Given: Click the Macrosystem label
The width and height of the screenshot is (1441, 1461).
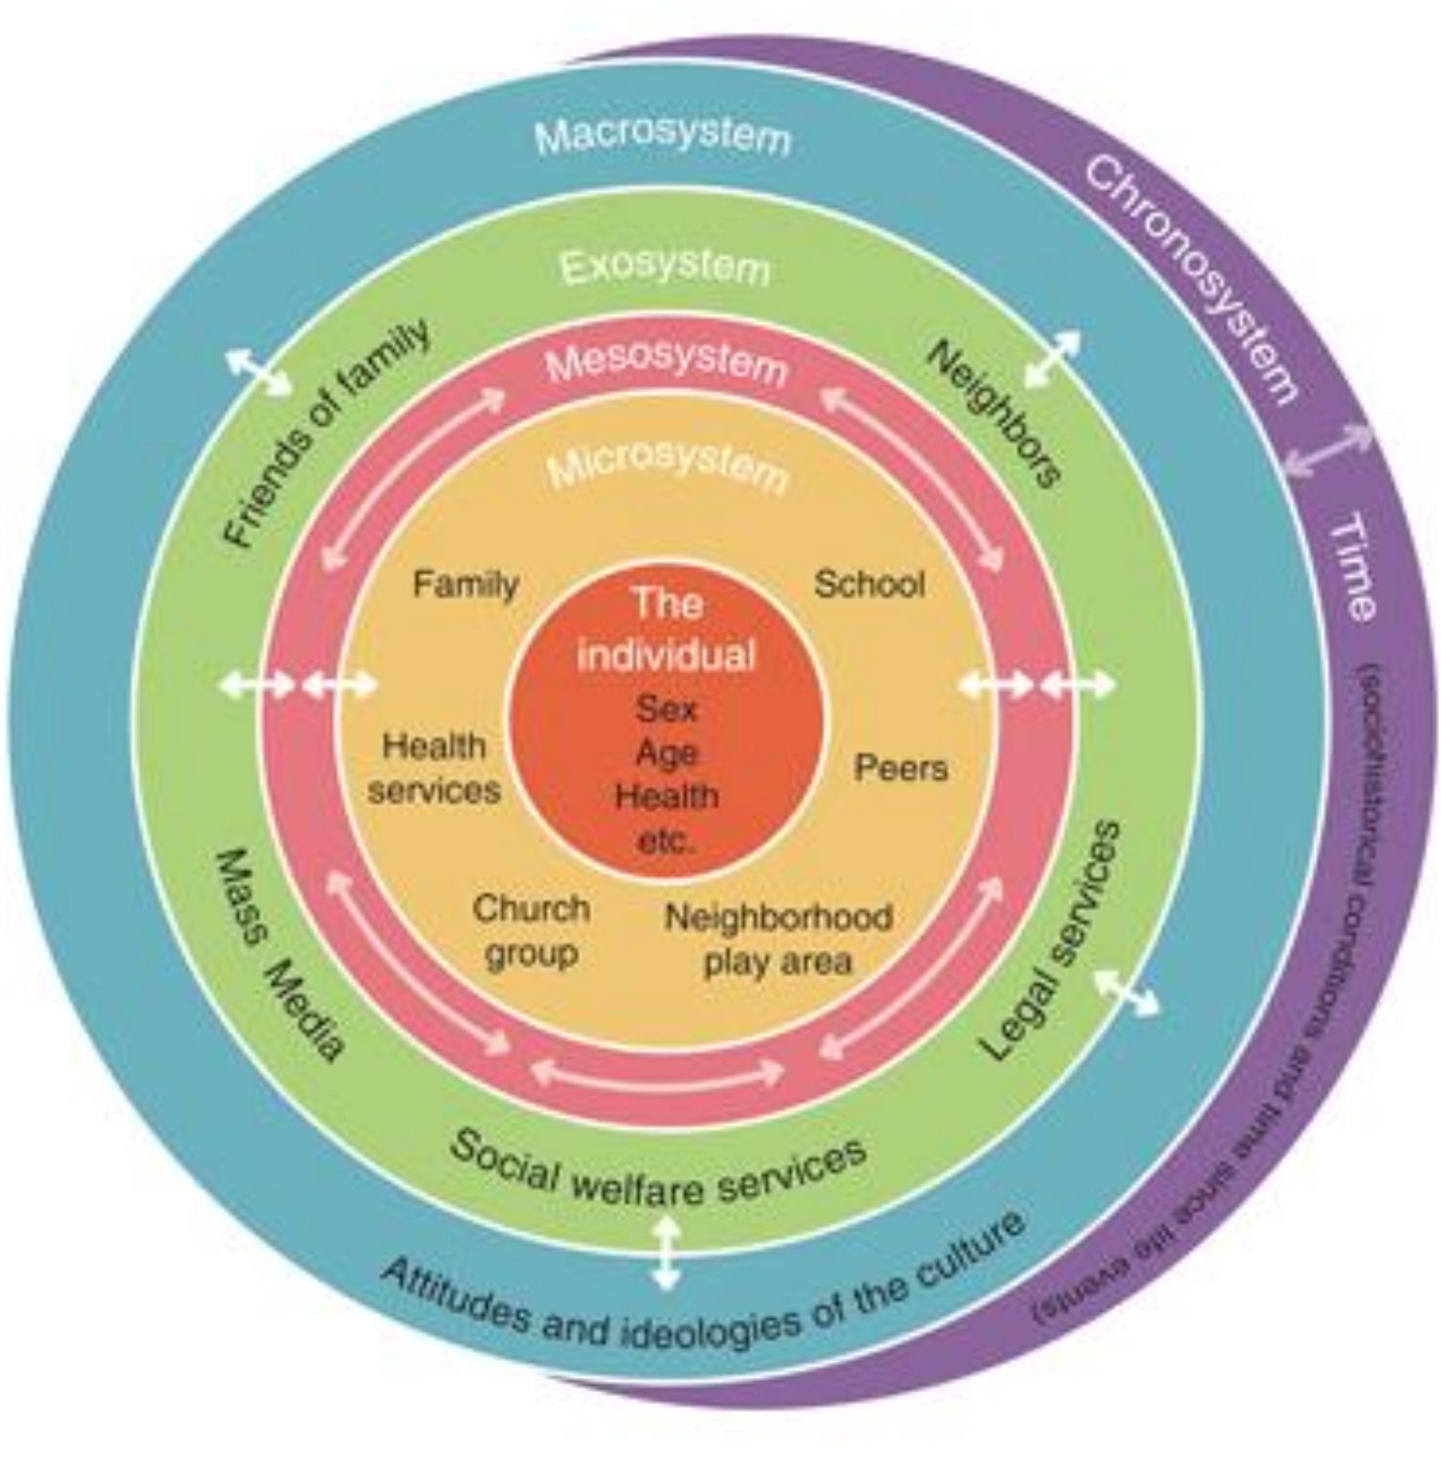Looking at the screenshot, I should (x=663, y=137).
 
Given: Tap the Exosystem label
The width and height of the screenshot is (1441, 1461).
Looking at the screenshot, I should (x=665, y=268).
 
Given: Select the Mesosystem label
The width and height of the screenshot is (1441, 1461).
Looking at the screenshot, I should (x=666, y=363).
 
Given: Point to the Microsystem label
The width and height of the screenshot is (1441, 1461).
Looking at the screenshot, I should (x=667, y=466).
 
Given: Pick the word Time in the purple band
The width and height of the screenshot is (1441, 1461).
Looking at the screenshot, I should (x=1352, y=566).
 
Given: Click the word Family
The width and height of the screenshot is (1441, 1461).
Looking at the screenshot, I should (x=465, y=583).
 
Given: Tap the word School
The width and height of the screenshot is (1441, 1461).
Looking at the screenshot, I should (x=870, y=583).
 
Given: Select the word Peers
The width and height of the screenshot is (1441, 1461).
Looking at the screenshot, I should (x=901, y=767).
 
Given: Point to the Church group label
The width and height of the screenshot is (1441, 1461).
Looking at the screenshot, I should (x=531, y=931).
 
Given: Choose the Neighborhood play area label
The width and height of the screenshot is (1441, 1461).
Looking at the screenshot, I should (x=778, y=938).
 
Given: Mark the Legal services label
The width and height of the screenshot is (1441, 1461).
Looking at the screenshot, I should (x=1051, y=941).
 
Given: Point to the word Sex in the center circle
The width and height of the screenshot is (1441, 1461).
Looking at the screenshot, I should (x=667, y=709).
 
